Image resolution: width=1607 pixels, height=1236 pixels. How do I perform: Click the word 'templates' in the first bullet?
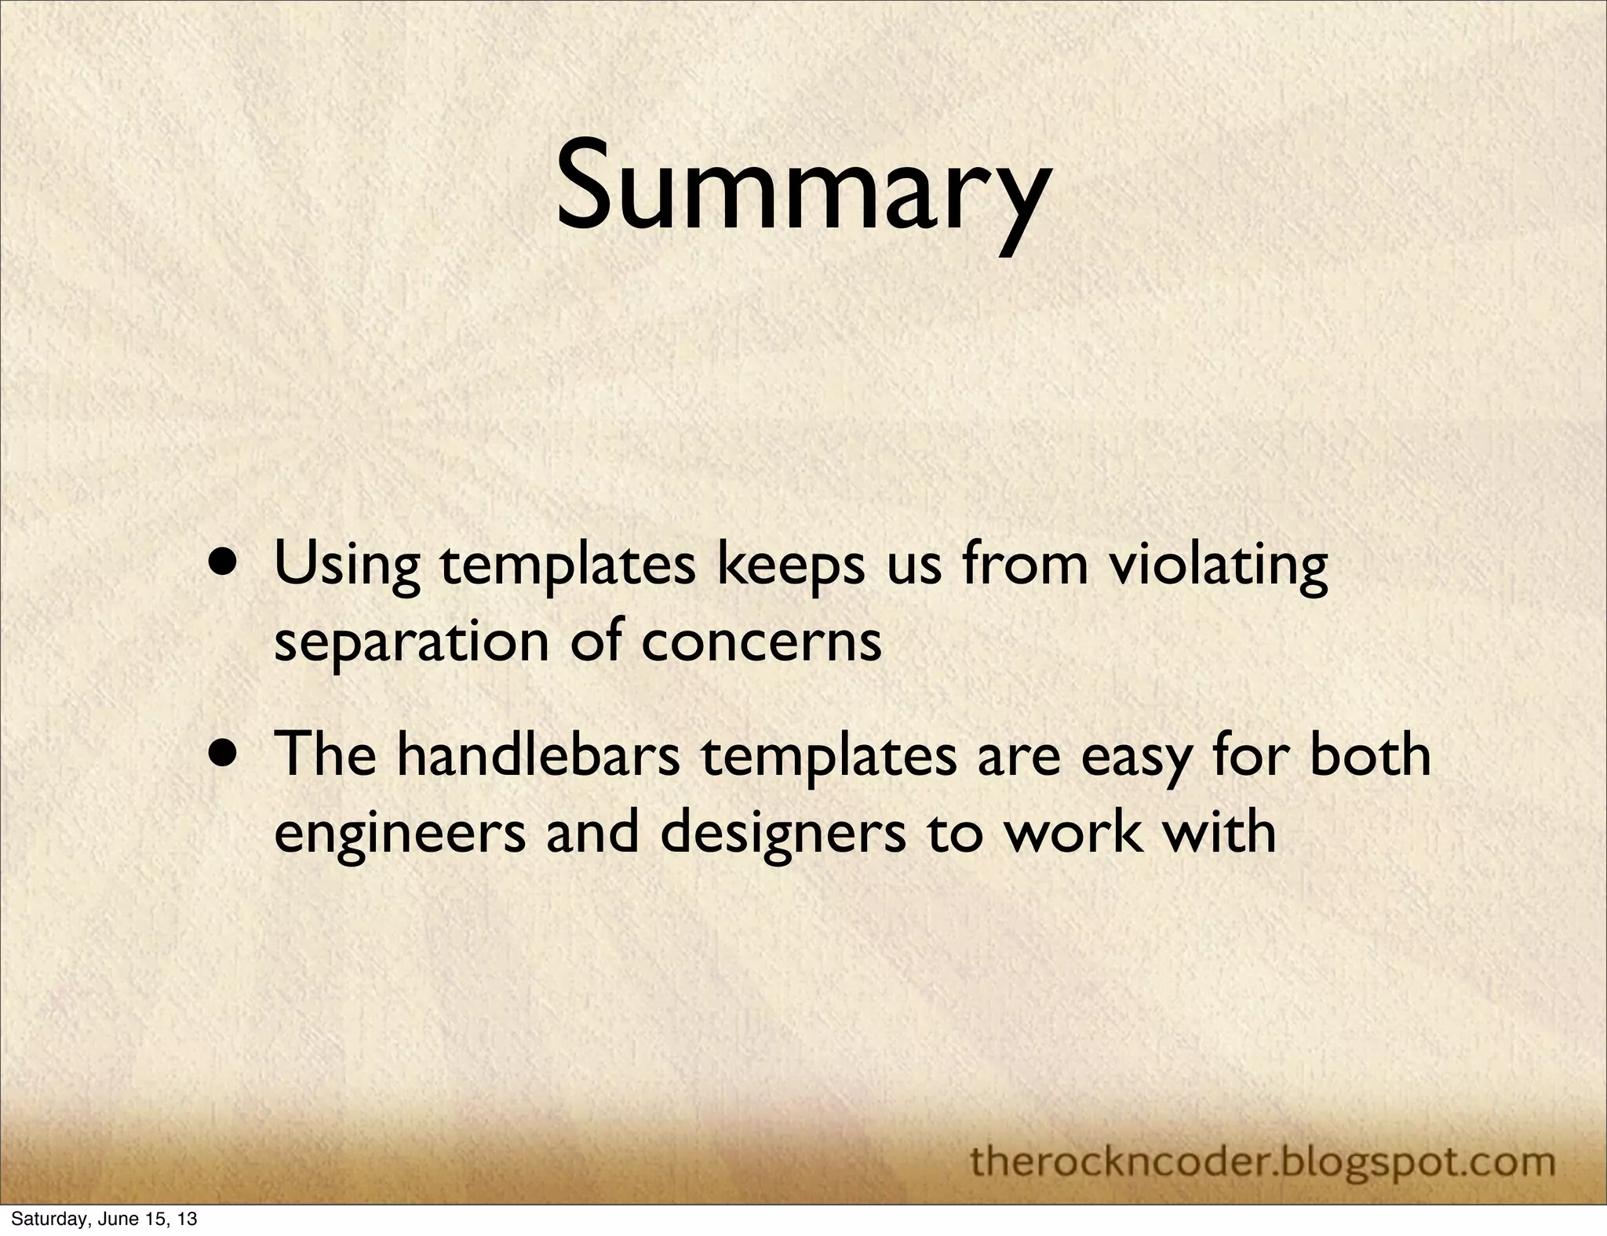tap(567, 567)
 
